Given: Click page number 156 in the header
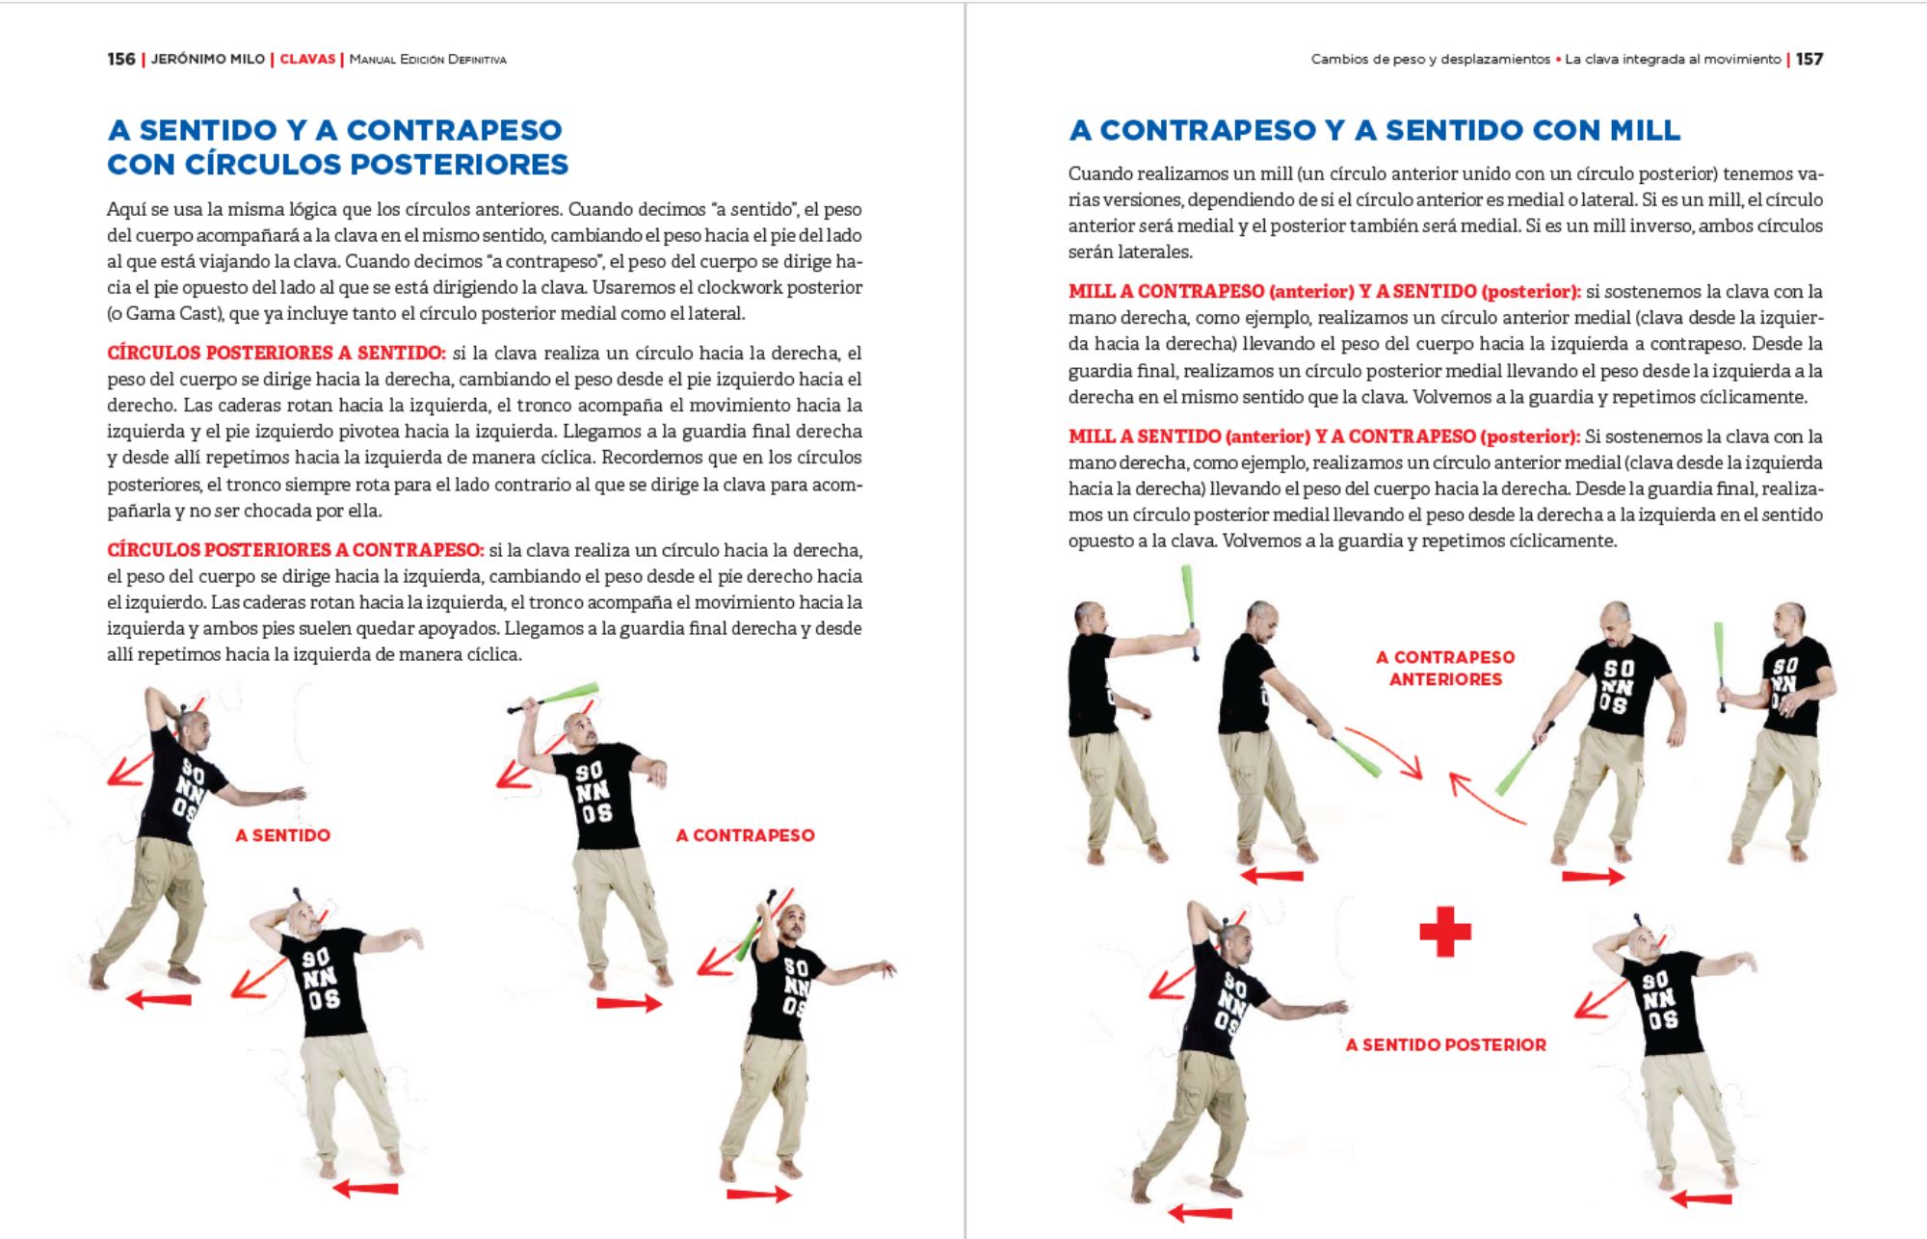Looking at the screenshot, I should [x=120, y=59].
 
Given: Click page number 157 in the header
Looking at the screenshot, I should [x=1808, y=59].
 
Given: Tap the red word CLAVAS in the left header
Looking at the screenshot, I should [x=307, y=59].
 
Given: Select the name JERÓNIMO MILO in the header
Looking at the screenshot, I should [x=207, y=59].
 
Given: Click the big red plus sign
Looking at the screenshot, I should [x=1444, y=931].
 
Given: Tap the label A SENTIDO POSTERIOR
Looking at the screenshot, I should [x=1445, y=1044].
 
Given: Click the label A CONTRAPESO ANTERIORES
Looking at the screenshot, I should [x=1445, y=668].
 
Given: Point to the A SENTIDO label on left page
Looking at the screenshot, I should [x=282, y=835].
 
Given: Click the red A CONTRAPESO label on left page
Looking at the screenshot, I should [x=745, y=835].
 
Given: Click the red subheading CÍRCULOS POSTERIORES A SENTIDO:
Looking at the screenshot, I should [x=276, y=353].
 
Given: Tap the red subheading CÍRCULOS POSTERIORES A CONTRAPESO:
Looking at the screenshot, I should [x=295, y=550].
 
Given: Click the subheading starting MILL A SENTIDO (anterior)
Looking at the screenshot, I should [x=1323, y=436].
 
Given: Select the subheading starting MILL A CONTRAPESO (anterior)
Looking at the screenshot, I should [x=1323, y=291].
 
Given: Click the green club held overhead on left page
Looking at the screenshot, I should [x=559, y=696].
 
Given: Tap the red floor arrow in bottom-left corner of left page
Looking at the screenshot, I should [x=159, y=1000].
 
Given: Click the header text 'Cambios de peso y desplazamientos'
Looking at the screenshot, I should [x=1430, y=59].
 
